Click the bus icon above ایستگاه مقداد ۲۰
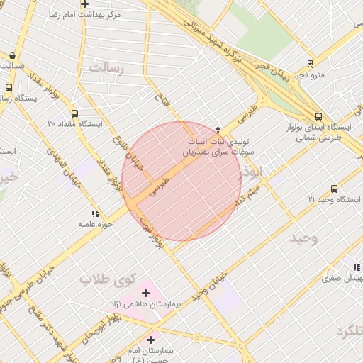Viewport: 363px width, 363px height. click(75, 113)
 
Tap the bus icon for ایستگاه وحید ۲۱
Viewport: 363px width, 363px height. click(334, 189)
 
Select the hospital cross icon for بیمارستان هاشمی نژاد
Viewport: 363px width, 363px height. click(146, 293)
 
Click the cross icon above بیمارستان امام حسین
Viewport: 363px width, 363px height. click(150, 340)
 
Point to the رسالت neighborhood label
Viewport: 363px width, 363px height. click(106, 68)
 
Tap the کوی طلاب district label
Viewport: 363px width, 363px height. click(106, 279)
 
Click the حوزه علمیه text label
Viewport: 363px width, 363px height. click(96, 224)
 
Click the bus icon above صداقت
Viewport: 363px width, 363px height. click(13, 55)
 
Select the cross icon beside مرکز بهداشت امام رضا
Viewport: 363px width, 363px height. click(84, 4)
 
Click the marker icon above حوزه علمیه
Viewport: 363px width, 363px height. click(94, 213)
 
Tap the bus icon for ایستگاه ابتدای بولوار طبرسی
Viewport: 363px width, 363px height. click(318, 117)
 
